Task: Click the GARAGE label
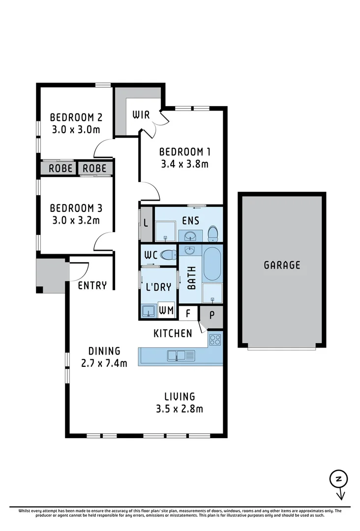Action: tap(282, 265)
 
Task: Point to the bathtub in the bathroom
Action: tap(212, 264)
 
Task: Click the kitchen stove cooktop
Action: tap(215, 339)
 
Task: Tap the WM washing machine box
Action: tap(166, 311)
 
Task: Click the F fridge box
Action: tap(187, 313)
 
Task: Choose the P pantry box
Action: tap(211, 314)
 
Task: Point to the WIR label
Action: tap(142, 116)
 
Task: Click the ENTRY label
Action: tap(92, 286)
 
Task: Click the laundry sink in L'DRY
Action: tap(148, 311)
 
